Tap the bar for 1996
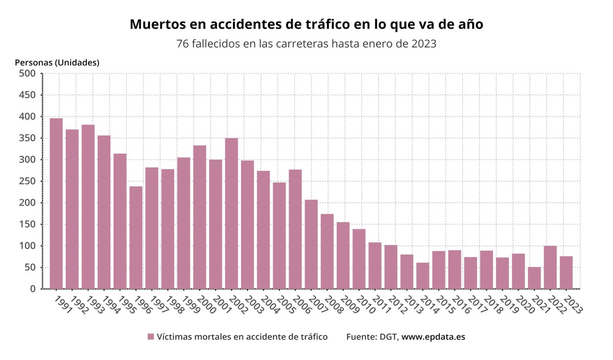(x=136, y=237)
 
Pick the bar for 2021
(x=534, y=278)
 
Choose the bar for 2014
(x=422, y=276)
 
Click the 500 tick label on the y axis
(x=27, y=74)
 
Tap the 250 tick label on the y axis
(x=27, y=181)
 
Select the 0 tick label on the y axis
(x=33, y=289)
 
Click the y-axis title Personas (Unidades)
(x=57, y=62)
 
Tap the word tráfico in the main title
(x=320, y=24)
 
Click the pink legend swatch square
(x=151, y=337)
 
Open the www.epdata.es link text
(x=433, y=337)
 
